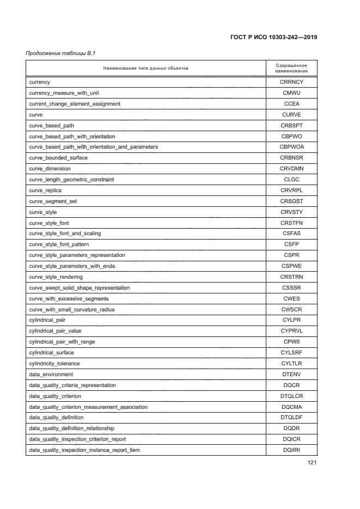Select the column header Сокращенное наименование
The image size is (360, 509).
pos(291,68)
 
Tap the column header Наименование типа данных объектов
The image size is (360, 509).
pos(145,68)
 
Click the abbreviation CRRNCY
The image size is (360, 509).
pos(291,82)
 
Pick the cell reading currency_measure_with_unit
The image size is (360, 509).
pos(64,93)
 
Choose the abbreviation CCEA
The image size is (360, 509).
pos(291,103)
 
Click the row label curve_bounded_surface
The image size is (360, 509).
pos(58,158)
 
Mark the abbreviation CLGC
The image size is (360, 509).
pos(291,180)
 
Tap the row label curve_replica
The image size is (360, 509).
pos(45,191)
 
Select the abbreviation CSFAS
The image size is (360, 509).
pos(291,234)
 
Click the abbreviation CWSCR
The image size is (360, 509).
pos(291,309)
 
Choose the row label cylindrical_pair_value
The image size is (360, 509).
pos(55,331)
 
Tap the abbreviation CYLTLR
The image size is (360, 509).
pos(291,363)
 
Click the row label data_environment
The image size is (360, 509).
pos(51,374)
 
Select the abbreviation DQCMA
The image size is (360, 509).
pos(291,407)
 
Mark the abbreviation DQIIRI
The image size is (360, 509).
pos(291,450)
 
